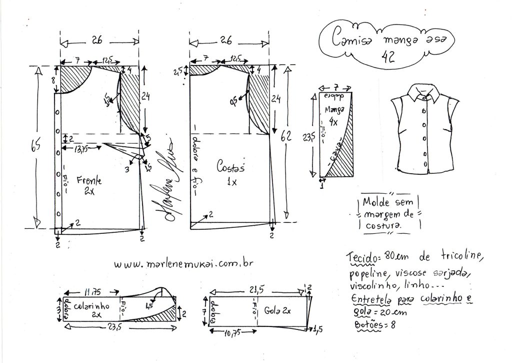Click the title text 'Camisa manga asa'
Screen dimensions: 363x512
tap(386, 38)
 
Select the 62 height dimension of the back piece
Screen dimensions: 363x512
tap(286, 136)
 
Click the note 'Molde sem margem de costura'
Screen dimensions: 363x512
tap(388, 214)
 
